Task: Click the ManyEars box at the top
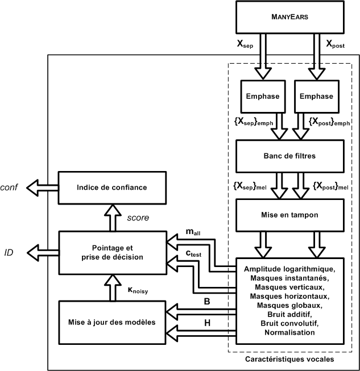click(289, 18)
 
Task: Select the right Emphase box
click(314, 96)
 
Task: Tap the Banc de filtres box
click(288, 154)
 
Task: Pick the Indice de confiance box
click(112, 187)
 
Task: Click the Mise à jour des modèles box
click(112, 321)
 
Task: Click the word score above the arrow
click(139, 217)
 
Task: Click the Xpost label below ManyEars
click(338, 44)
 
